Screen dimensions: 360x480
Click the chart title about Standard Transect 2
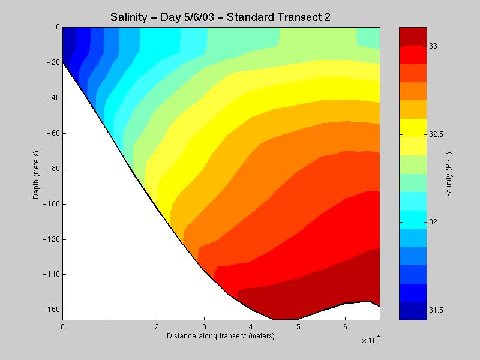click(x=221, y=17)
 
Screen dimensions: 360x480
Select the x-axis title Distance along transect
click(x=221, y=336)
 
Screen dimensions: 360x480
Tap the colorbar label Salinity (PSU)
click(x=449, y=173)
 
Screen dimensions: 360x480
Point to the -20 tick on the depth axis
click(x=53, y=62)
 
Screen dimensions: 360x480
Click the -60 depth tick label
click(x=53, y=133)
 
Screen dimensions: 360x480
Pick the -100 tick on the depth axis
click(x=52, y=204)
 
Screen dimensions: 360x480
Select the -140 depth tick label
click(x=52, y=275)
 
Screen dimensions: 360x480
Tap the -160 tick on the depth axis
click(x=52, y=310)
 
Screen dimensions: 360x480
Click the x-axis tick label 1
click(x=110, y=327)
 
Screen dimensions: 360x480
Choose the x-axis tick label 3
click(x=204, y=327)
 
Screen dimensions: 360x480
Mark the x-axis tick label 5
click(x=298, y=327)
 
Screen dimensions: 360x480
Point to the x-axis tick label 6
click(x=345, y=327)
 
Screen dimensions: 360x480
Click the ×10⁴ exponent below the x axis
click(x=370, y=341)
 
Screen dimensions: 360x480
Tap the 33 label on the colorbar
click(x=434, y=46)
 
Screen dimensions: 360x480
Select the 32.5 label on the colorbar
click(x=436, y=134)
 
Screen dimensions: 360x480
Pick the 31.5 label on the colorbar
click(x=436, y=310)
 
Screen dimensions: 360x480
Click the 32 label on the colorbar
click(x=434, y=222)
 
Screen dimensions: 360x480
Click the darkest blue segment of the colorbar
click(x=413, y=311)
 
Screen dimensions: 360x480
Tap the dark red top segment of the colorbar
click(x=413, y=36)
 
